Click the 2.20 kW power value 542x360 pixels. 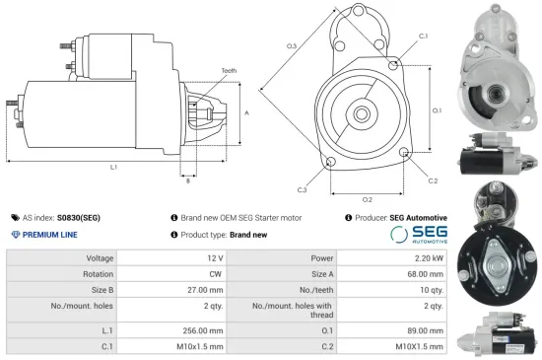tap(424, 257)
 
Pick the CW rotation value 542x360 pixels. tap(216, 275)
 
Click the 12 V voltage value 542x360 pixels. tap(215, 257)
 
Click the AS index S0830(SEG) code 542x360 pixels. tap(79, 217)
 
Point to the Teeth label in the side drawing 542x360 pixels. tap(230, 71)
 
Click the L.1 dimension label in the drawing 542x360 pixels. tap(114, 167)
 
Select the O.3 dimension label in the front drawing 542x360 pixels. tap(292, 46)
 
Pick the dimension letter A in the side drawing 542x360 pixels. tap(246, 113)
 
